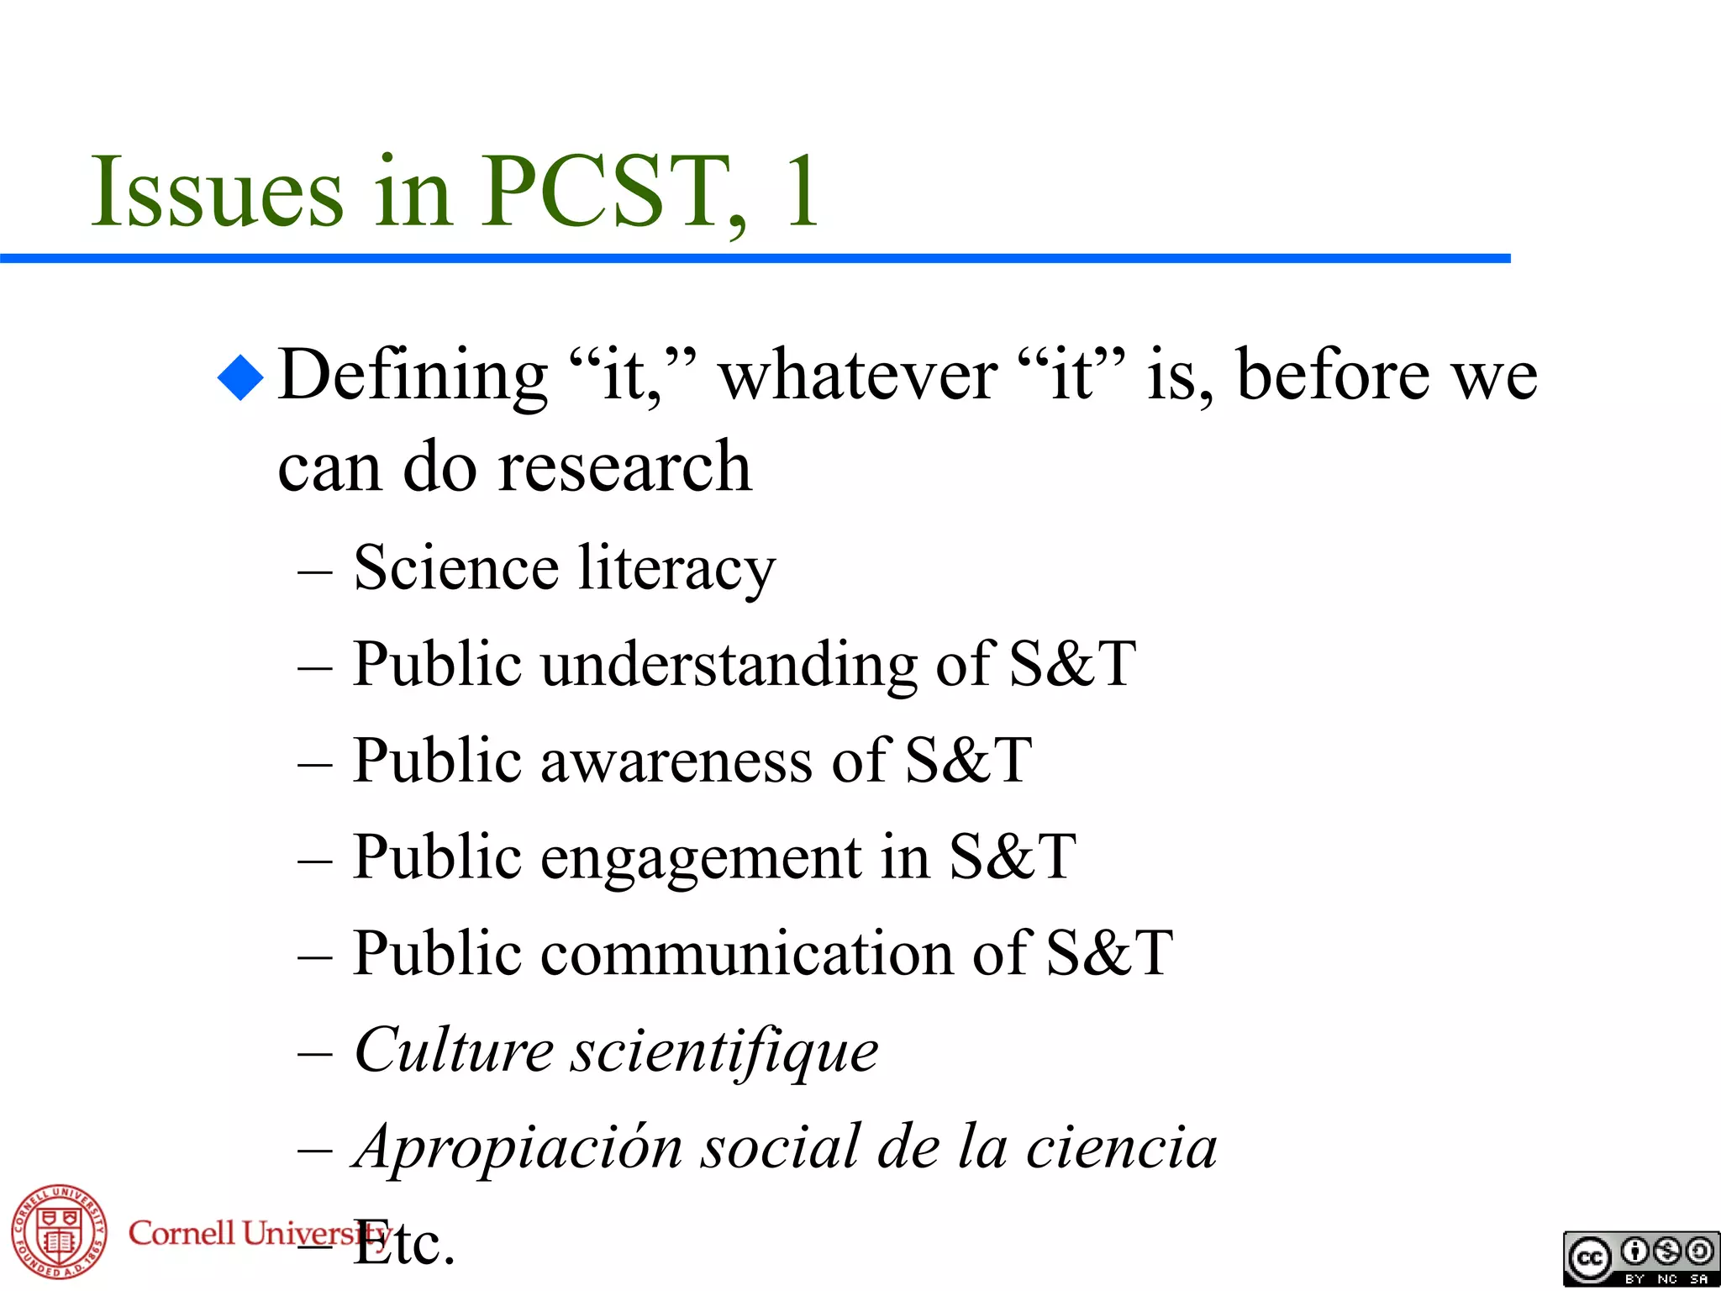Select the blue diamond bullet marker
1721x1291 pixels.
pyautogui.click(x=240, y=377)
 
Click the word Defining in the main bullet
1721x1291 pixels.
pyautogui.click(x=413, y=376)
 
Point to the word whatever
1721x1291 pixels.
pyautogui.click(x=858, y=376)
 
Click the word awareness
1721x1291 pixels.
pyautogui.click(x=676, y=761)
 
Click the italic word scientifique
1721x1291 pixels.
pyautogui.click(x=724, y=1051)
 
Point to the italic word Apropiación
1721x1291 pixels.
pyautogui.click(x=517, y=1148)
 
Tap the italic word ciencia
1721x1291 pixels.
pyautogui.click(x=1121, y=1148)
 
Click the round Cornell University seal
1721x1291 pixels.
pyautogui.click(x=59, y=1232)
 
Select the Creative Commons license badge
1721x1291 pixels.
pyautogui.click(x=1640, y=1259)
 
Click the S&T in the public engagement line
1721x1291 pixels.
pyautogui.click(x=1013, y=858)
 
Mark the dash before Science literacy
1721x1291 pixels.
pyautogui.click(x=315, y=572)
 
